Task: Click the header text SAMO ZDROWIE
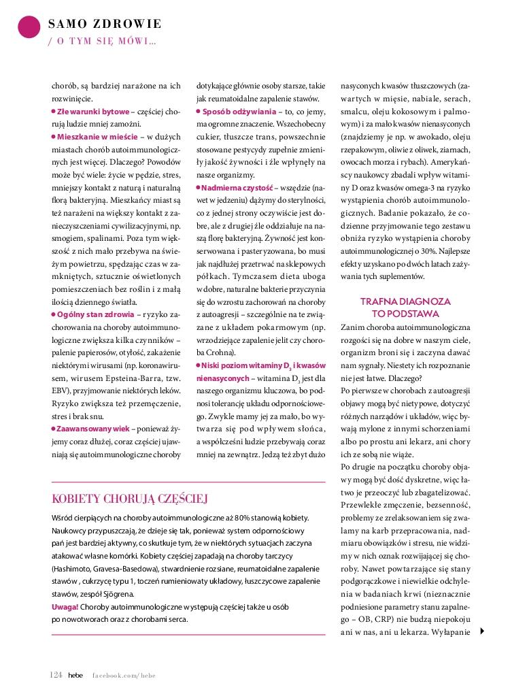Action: (105, 24)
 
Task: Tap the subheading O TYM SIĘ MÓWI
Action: (101, 42)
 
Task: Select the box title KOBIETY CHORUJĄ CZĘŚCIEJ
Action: (130, 499)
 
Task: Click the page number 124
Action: (56, 674)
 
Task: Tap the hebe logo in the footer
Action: (75, 675)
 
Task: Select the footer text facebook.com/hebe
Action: (124, 675)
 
